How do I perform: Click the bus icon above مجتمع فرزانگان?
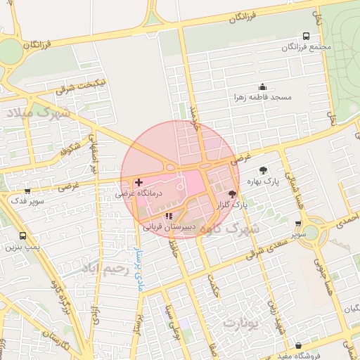[x=306, y=36]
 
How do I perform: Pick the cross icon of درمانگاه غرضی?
[x=139, y=182]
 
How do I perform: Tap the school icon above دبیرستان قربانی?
[x=168, y=216]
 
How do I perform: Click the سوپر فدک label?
[x=26, y=201]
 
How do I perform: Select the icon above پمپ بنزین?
[x=22, y=236]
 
